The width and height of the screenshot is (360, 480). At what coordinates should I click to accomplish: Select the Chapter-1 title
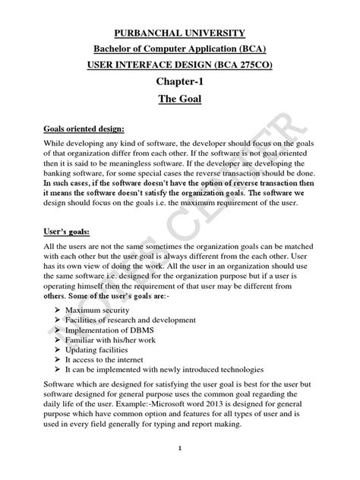179,81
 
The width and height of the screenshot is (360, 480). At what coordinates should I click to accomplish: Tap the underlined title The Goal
179,99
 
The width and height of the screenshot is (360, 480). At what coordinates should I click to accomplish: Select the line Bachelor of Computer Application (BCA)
179,49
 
